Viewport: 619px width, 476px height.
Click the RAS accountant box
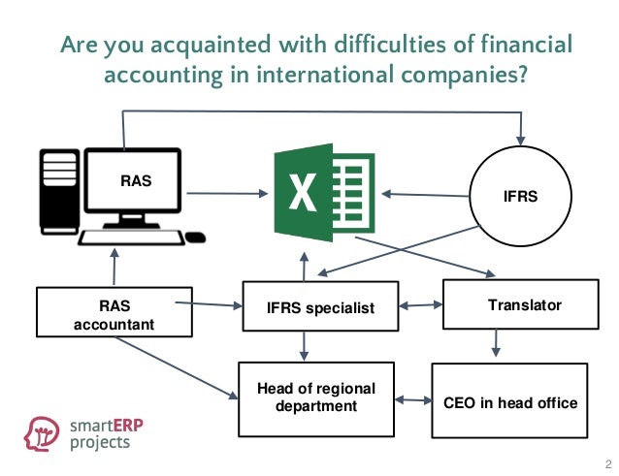click(114, 313)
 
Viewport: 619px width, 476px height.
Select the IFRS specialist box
click(319, 308)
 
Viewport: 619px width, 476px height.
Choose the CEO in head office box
click(509, 401)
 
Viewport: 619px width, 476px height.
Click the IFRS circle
click(522, 194)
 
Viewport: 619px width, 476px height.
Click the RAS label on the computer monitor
click(136, 180)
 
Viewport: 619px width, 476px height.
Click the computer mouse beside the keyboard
click(195, 237)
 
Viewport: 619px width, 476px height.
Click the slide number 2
click(607, 462)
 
